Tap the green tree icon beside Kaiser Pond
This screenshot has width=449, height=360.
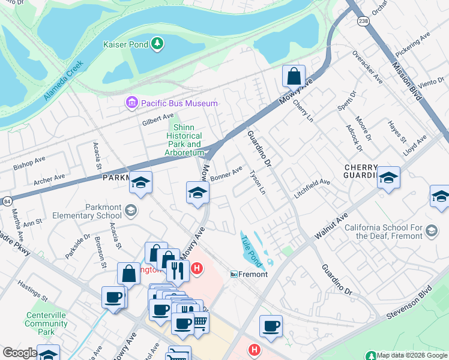click(x=157, y=43)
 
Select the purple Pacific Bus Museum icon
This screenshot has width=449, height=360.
click(x=131, y=104)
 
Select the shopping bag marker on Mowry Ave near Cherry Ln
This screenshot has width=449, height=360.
click(x=294, y=77)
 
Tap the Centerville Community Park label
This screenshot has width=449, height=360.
click(x=46, y=323)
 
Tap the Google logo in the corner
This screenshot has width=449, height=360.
click(x=20, y=353)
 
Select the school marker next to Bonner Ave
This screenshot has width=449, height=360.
click(x=196, y=193)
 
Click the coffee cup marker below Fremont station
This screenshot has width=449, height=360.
click(x=271, y=326)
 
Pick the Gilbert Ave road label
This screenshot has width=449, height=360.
click(x=157, y=119)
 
